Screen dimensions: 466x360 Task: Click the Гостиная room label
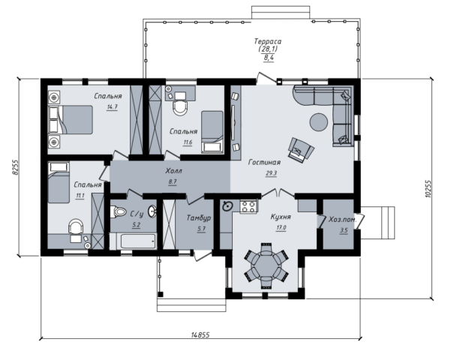pos(264,162)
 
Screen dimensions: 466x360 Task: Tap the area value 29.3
pos(271,173)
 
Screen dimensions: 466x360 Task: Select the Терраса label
pos(267,41)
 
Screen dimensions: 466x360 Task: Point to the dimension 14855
pos(200,334)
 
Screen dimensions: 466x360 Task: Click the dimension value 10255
pos(428,188)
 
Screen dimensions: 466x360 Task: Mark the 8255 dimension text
pos(15,167)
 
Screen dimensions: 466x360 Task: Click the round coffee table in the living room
pos(319,121)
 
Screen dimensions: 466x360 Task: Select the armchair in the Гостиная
pos(301,150)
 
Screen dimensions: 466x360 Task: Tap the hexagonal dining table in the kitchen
pos(266,266)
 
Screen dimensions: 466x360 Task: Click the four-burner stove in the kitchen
pos(248,206)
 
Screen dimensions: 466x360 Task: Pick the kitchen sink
pos(227,205)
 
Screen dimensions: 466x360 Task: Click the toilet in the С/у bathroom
pos(118,212)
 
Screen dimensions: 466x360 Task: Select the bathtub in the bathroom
pos(138,241)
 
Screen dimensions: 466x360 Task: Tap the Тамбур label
pos(199,217)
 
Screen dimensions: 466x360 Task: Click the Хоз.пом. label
pos(342,220)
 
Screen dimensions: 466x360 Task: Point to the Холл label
pos(174,171)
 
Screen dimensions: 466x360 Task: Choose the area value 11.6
pos(188,142)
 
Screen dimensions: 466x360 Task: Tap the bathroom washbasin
pos(152,211)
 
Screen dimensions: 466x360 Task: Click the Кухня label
pos(281,217)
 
